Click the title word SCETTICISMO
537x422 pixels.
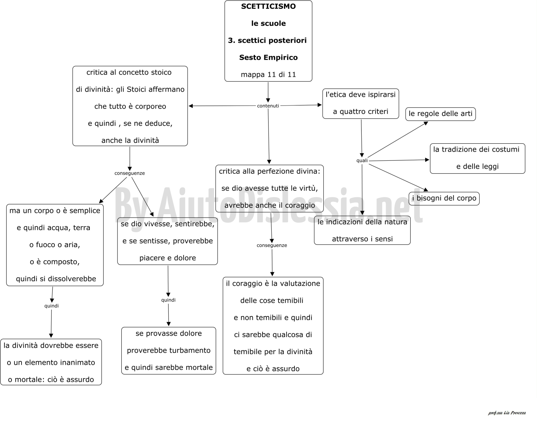[x=268, y=7]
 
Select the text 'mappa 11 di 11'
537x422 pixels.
[x=268, y=75]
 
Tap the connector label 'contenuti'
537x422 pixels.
[x=268, y=106]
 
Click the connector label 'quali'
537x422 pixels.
[x=362, y=160]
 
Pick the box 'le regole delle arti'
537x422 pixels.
[x=440, y=114]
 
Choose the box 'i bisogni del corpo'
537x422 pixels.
[x=444, y=198]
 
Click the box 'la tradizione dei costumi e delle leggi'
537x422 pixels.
[x=477, y=158]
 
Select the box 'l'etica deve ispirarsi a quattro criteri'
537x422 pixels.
[x=360, y=104]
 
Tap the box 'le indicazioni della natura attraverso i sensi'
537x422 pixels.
[x=362, y=230]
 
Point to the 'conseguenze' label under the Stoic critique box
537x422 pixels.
[x=130, y=173]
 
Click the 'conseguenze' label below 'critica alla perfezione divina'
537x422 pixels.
[x=272, y=245]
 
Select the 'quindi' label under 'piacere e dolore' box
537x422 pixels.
[x=168, y=300]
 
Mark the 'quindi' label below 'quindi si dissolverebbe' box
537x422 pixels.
[x=51, y=306]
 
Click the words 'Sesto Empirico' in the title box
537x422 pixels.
[x=268, y=57]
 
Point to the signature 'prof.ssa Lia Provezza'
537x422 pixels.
[x=507, y=413]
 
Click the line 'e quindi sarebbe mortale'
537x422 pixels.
[x=169, y=368]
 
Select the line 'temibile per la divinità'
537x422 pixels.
[x=273, y=352]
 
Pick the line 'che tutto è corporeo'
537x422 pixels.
[x=130, y=106]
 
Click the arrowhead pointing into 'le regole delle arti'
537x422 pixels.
[x=426, y=123]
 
